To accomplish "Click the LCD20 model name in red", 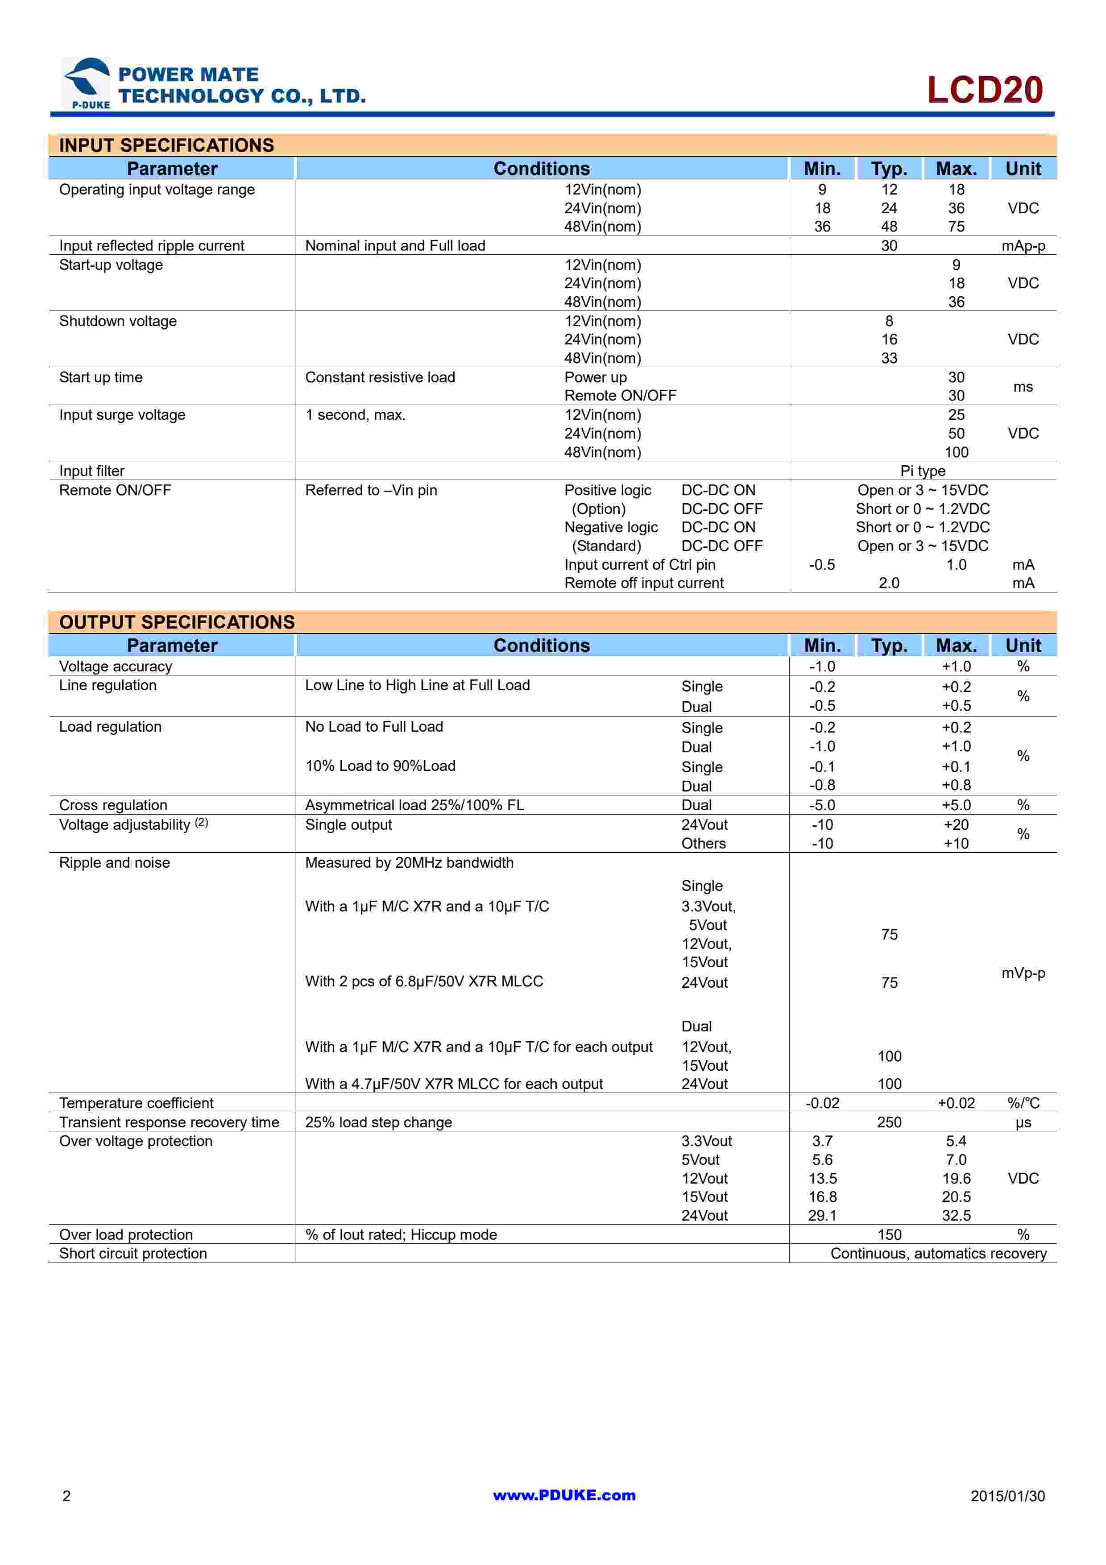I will (985, 90).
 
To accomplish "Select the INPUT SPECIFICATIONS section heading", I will (166, 145).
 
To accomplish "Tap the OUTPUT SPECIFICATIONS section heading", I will (177, 621).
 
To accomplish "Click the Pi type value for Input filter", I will (923, 471).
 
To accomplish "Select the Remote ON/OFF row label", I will (115, 490).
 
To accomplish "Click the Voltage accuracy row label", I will (115, 666).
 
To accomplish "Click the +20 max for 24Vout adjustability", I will (956, 825).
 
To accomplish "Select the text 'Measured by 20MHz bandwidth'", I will (409, 863).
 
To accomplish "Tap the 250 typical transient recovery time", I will (889, 1122).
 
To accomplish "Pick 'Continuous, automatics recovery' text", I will (938, 1254).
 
